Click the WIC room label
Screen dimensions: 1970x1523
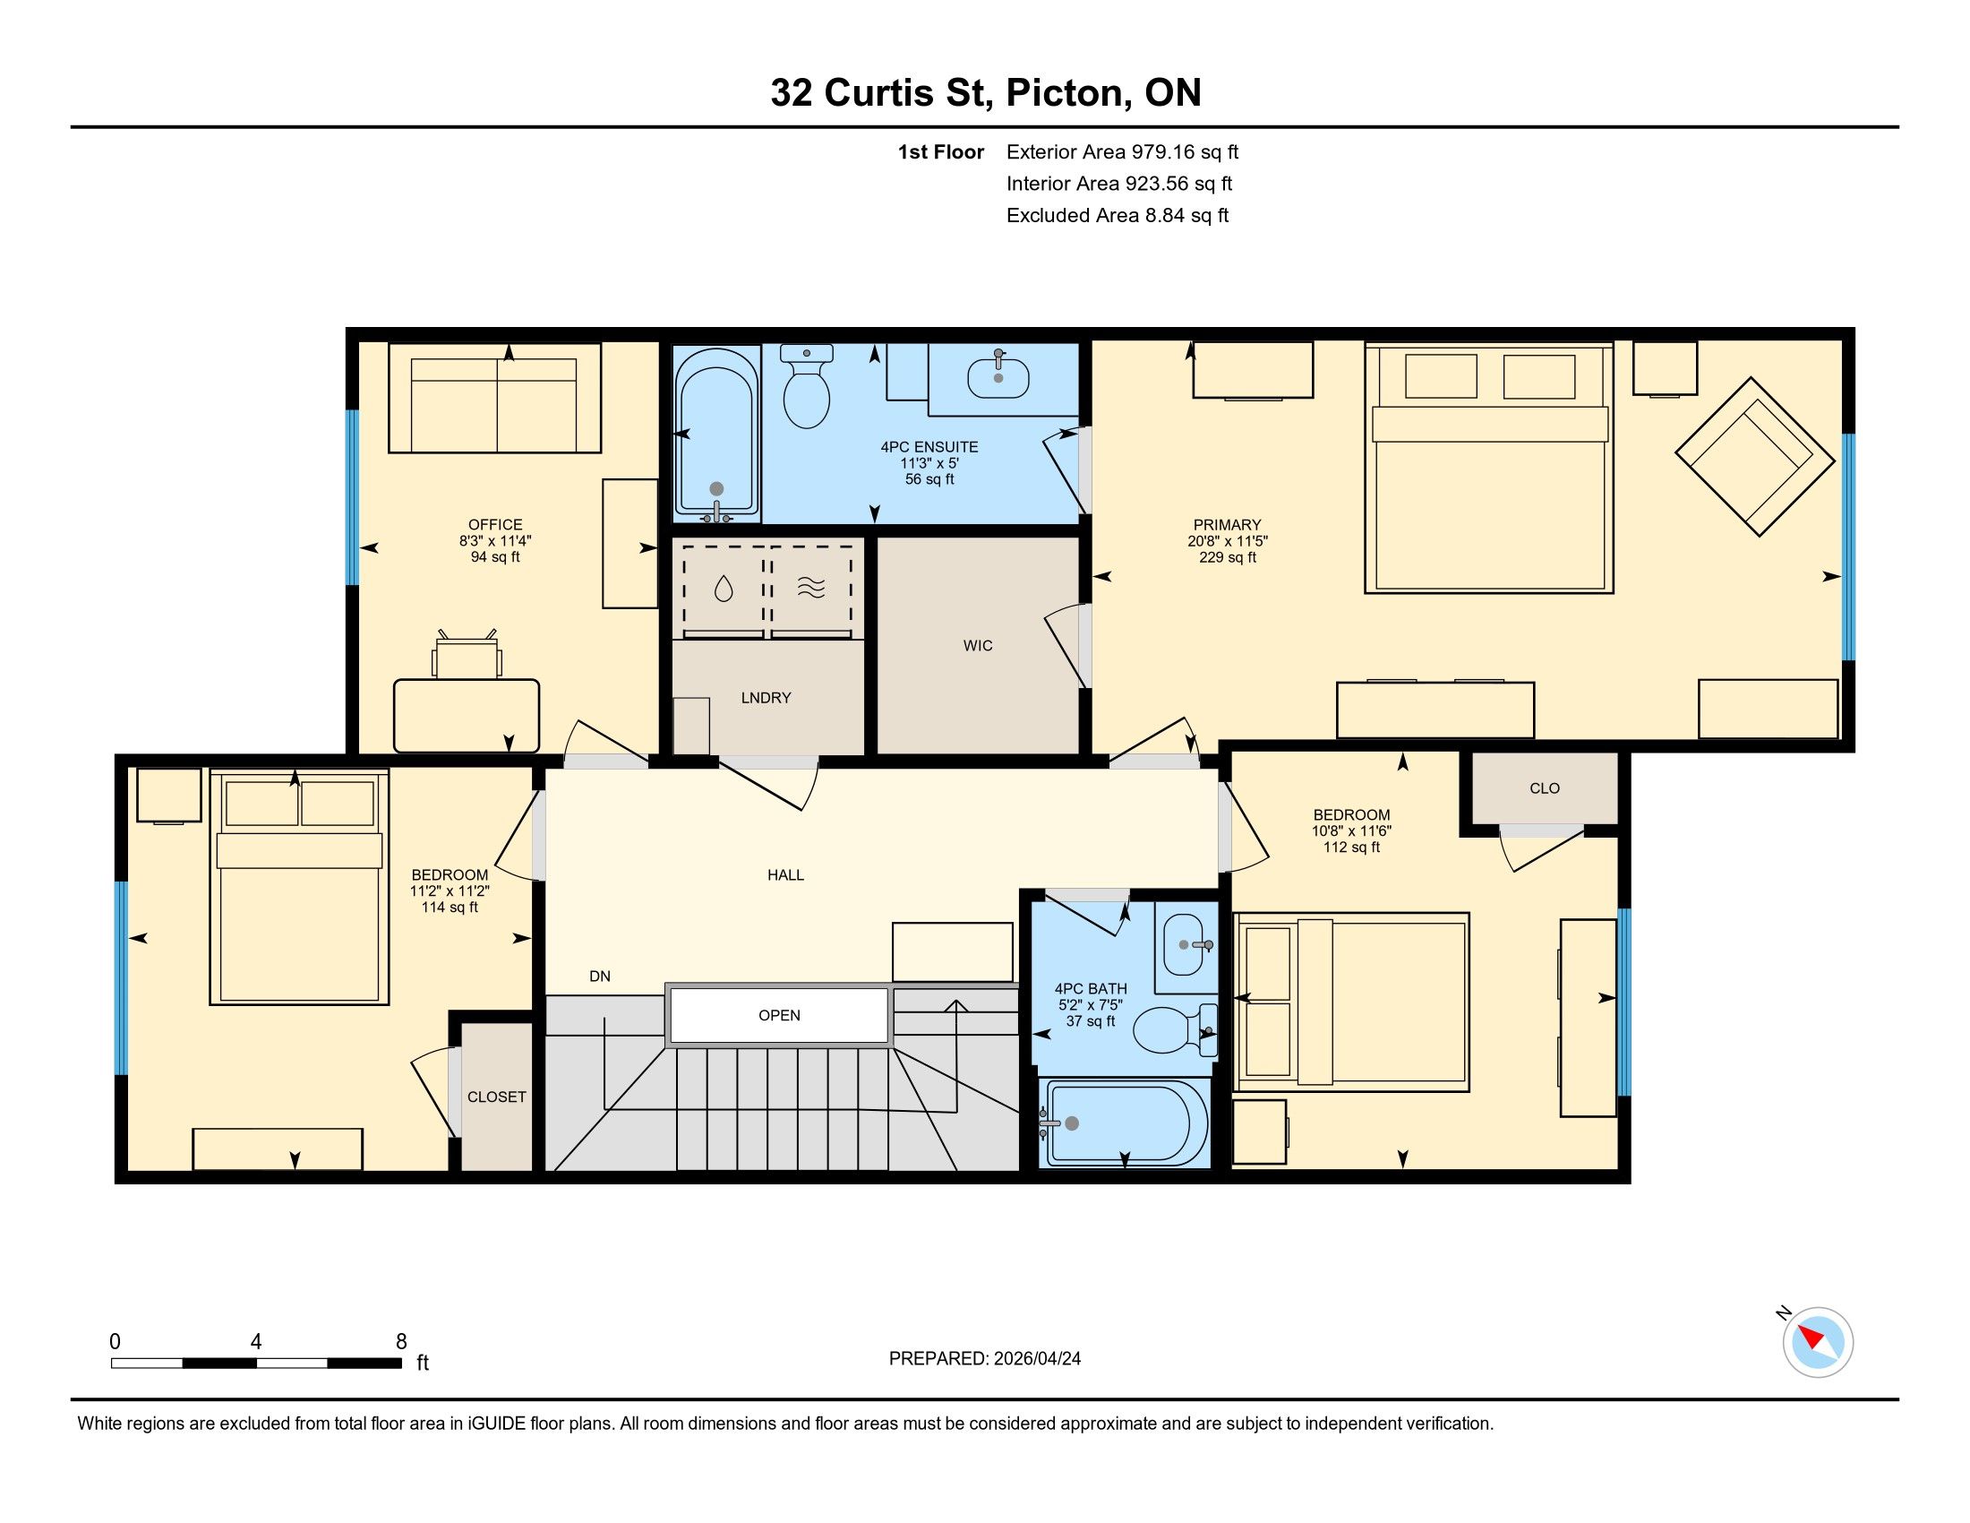pos(978,645)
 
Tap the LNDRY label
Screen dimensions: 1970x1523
pos(766,697)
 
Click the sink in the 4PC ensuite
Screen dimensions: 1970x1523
pos(998,377)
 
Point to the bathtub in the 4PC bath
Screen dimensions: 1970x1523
pos(1124,1123)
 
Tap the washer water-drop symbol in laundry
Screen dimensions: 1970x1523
pos(724,589)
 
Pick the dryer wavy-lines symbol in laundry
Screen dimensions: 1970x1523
pos(811,589)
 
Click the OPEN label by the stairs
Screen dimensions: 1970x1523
pos(779,1015)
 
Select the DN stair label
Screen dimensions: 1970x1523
pos(600,976)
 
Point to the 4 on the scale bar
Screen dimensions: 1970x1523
pos(256,1342)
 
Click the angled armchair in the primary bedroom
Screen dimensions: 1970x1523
pos(1754,457)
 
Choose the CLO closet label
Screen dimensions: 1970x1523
pos(1545,787)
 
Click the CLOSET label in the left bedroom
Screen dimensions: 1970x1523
pos(496,1097)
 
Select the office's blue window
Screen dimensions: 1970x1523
pos(353,497)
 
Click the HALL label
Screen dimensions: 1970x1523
pos(785,874)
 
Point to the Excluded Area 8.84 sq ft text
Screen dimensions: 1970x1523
pos(1118,215)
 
